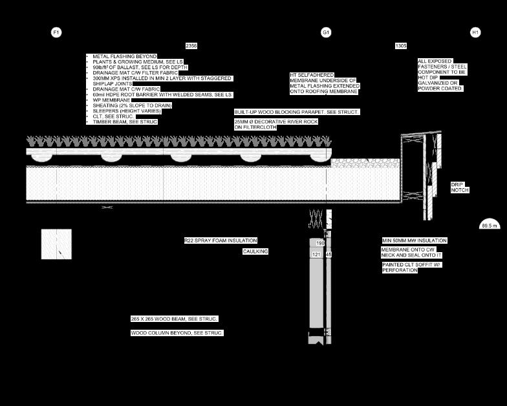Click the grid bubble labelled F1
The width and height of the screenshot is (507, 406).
pyautogui.click(x=56, y=32)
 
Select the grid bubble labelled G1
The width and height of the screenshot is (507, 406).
pyautogui.click(x=326, y=32)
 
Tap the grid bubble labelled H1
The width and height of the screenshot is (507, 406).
pyautogui.click(x=475, y=32)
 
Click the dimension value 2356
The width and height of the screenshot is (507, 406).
pyautogui.click(x=191, y=46)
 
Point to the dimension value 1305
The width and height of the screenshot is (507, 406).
pyautogui.click(x=401, y=46)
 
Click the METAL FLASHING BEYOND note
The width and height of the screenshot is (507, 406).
pyautogui.click(x=124, y=57)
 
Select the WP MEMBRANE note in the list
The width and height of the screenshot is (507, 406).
pyautogui.click(x=111, y=100)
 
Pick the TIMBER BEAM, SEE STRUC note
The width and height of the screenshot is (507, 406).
pyautogui.click(x=125, y=122)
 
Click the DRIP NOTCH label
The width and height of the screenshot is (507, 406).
pyautogui.click(x=459, y=187)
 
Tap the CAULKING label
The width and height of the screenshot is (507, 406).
pyautogui.click(x=255, y=251)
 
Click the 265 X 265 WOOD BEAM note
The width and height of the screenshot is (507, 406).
pyautogui.click(x=174, y=319)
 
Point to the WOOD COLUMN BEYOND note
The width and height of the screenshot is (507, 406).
pyautogui.click(x=177, y=332)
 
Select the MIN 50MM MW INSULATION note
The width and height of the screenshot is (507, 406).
pyautogui.click(x=414, y=240)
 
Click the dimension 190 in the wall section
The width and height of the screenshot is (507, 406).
pyautogui.click(x=320, y=243)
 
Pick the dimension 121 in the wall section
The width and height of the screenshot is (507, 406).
pyautogui.click(x=316, y=255)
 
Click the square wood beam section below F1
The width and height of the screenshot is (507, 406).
pyautogui.click(x=56, y=244)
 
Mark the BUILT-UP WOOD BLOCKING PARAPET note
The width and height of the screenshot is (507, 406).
pyautogui.click(x=296, y=112)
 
